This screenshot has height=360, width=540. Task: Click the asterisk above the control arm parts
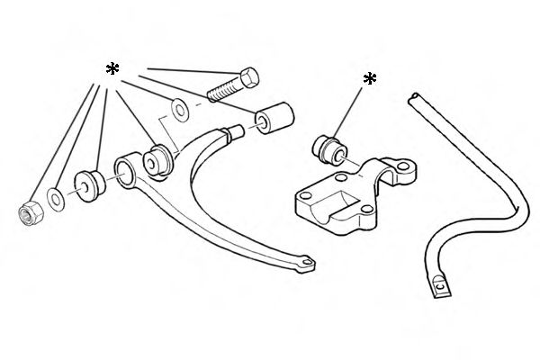(x=112, y=70)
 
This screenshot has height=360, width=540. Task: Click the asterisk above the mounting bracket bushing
(x=369, y=80)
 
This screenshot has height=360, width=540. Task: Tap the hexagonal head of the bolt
(x=248, y=76)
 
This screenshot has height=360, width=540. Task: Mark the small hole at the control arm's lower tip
(x=308, y=263)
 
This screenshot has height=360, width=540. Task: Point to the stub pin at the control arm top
(x=235, y=133)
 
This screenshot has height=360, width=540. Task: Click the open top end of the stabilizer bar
(x=415, y=96)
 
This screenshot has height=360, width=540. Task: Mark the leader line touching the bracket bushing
(x=352, y=108)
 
